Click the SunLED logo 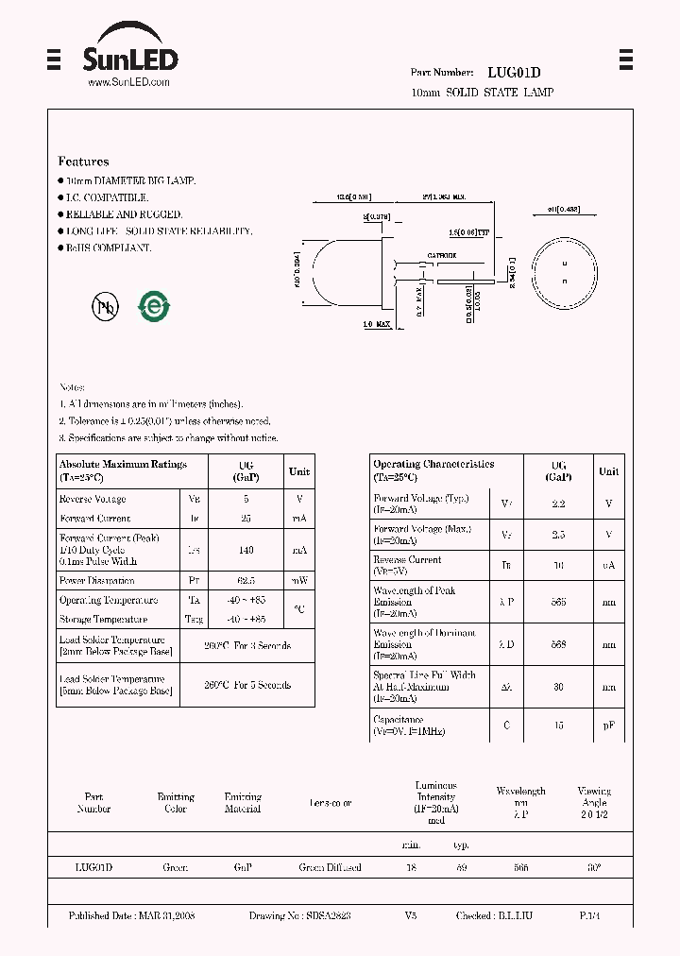click(129, 57)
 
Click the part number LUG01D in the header click(514, 72)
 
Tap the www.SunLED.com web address click(128, 82)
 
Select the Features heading click(83, 162)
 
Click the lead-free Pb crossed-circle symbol click(105, 305)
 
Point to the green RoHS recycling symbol click(154, 305)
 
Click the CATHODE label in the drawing click(441, 256)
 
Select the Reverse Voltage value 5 click(246, 499)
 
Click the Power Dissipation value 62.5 click(246, 581)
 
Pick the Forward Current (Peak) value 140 click(246, 549)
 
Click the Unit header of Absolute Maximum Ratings click(299, 471)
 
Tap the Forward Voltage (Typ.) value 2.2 click(558, 504)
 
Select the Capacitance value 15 click(558, 726)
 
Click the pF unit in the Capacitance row click(609, 726)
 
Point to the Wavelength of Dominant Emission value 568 click(558, 644)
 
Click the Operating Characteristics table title click(433, 464)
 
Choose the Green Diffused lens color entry click(330, 867)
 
